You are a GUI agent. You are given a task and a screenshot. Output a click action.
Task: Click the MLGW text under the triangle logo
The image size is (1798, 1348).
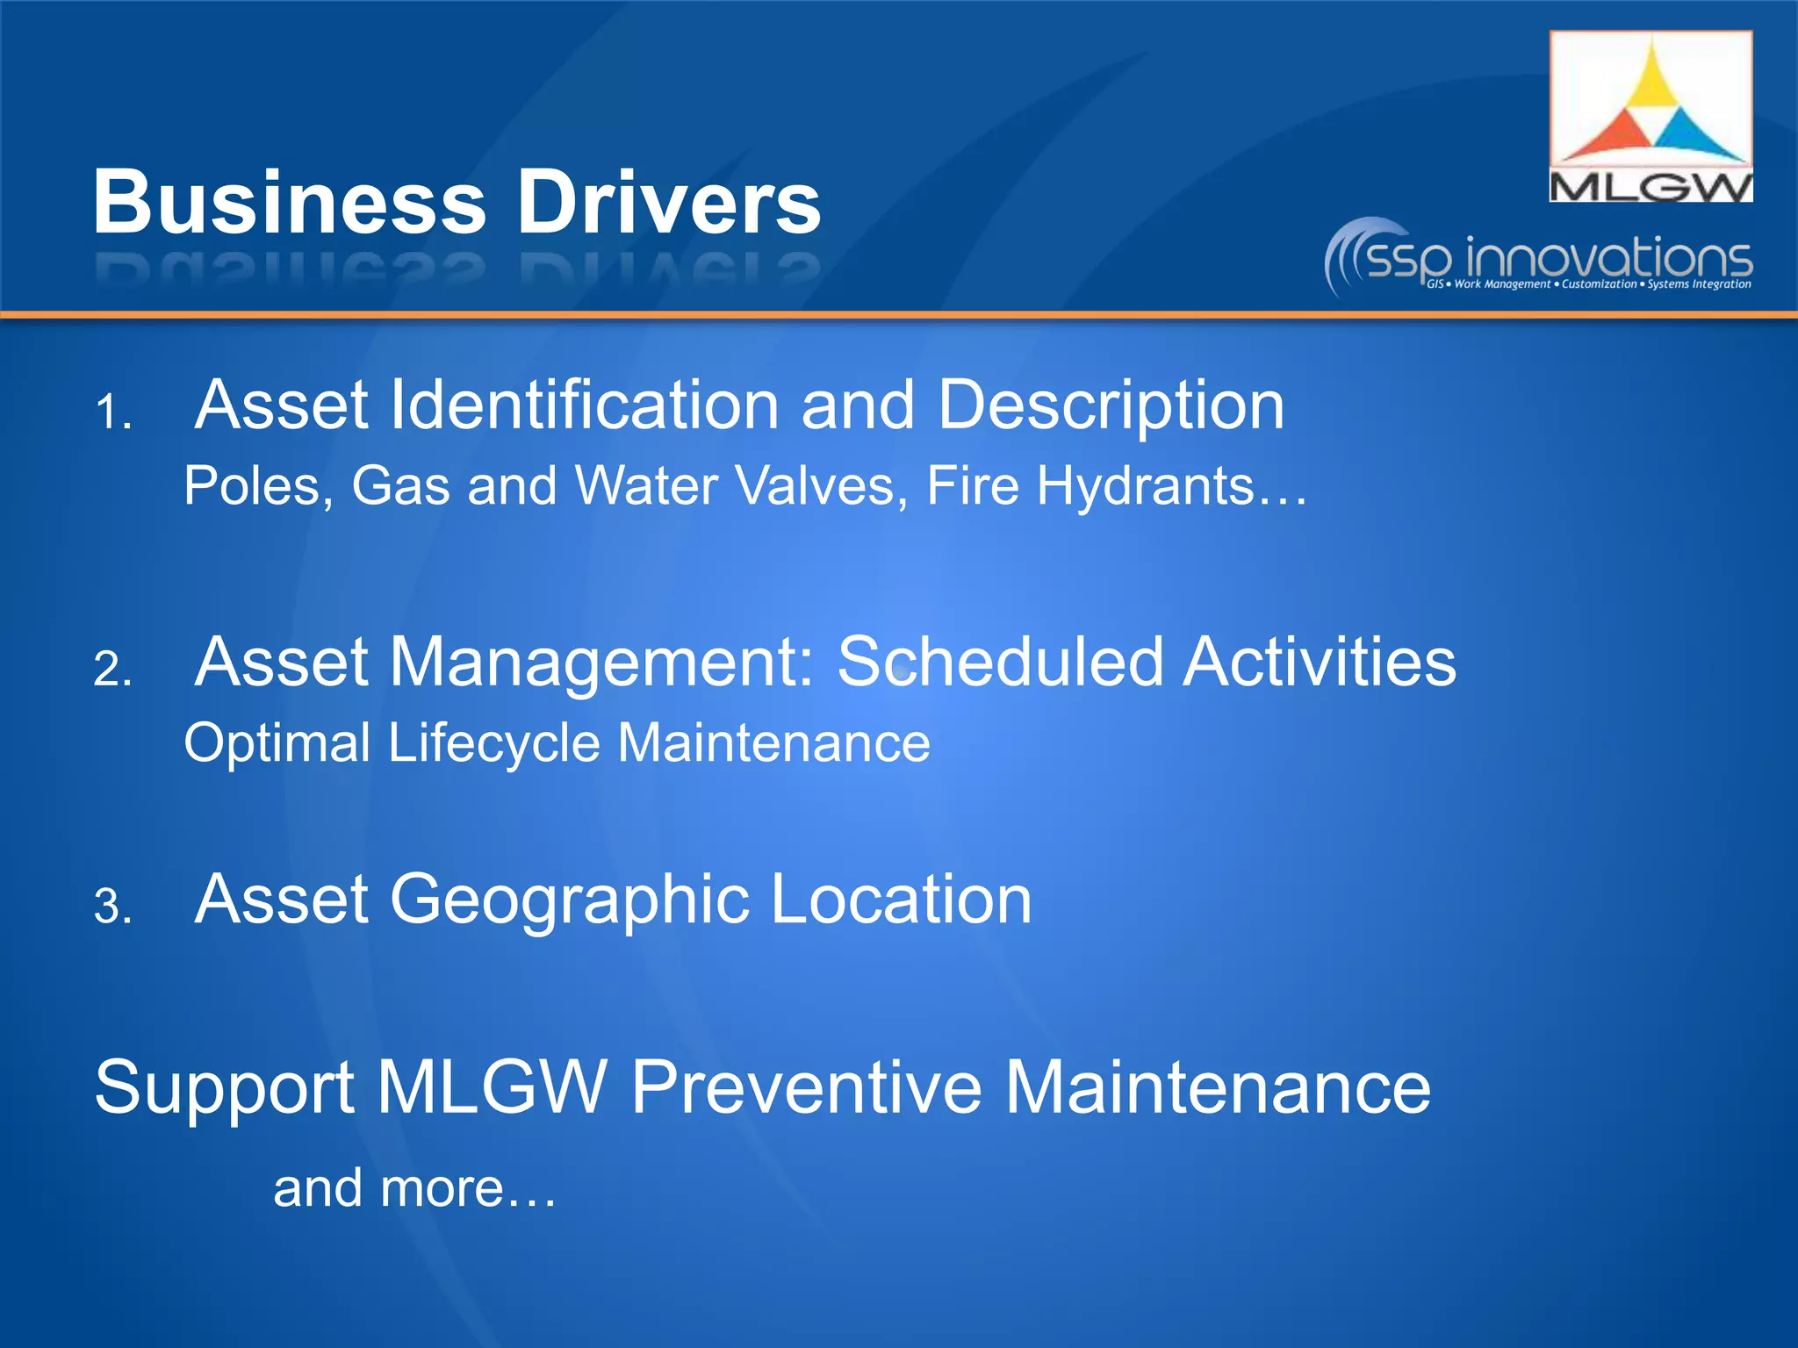pos(1651,187)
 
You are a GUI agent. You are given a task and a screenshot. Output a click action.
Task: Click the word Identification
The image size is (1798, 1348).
pos(585,405)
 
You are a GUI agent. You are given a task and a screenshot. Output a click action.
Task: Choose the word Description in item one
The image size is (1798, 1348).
pos(1111,405)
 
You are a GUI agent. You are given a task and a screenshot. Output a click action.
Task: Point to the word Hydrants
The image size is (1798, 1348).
pos(1146,485)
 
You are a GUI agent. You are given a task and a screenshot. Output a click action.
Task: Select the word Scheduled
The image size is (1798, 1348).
pos(1000,662)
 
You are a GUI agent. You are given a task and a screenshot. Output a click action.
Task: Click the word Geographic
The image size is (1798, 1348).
pos(570,900)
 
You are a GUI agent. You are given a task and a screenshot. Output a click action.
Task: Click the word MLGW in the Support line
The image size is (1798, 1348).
pos(493,1087)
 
